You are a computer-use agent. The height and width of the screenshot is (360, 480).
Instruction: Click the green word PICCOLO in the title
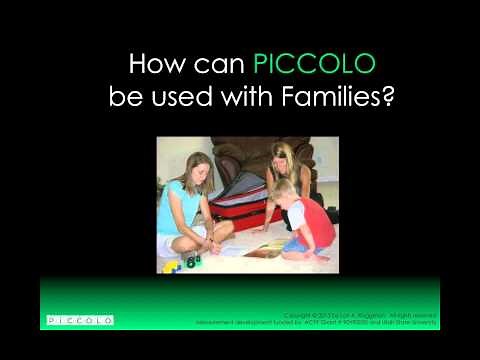coord(315,66)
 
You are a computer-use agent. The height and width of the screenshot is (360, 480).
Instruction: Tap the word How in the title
coord(156,66)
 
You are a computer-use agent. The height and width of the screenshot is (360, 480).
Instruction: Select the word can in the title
coord(220,67)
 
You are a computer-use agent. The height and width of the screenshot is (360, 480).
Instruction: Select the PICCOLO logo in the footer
coord(81,320)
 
